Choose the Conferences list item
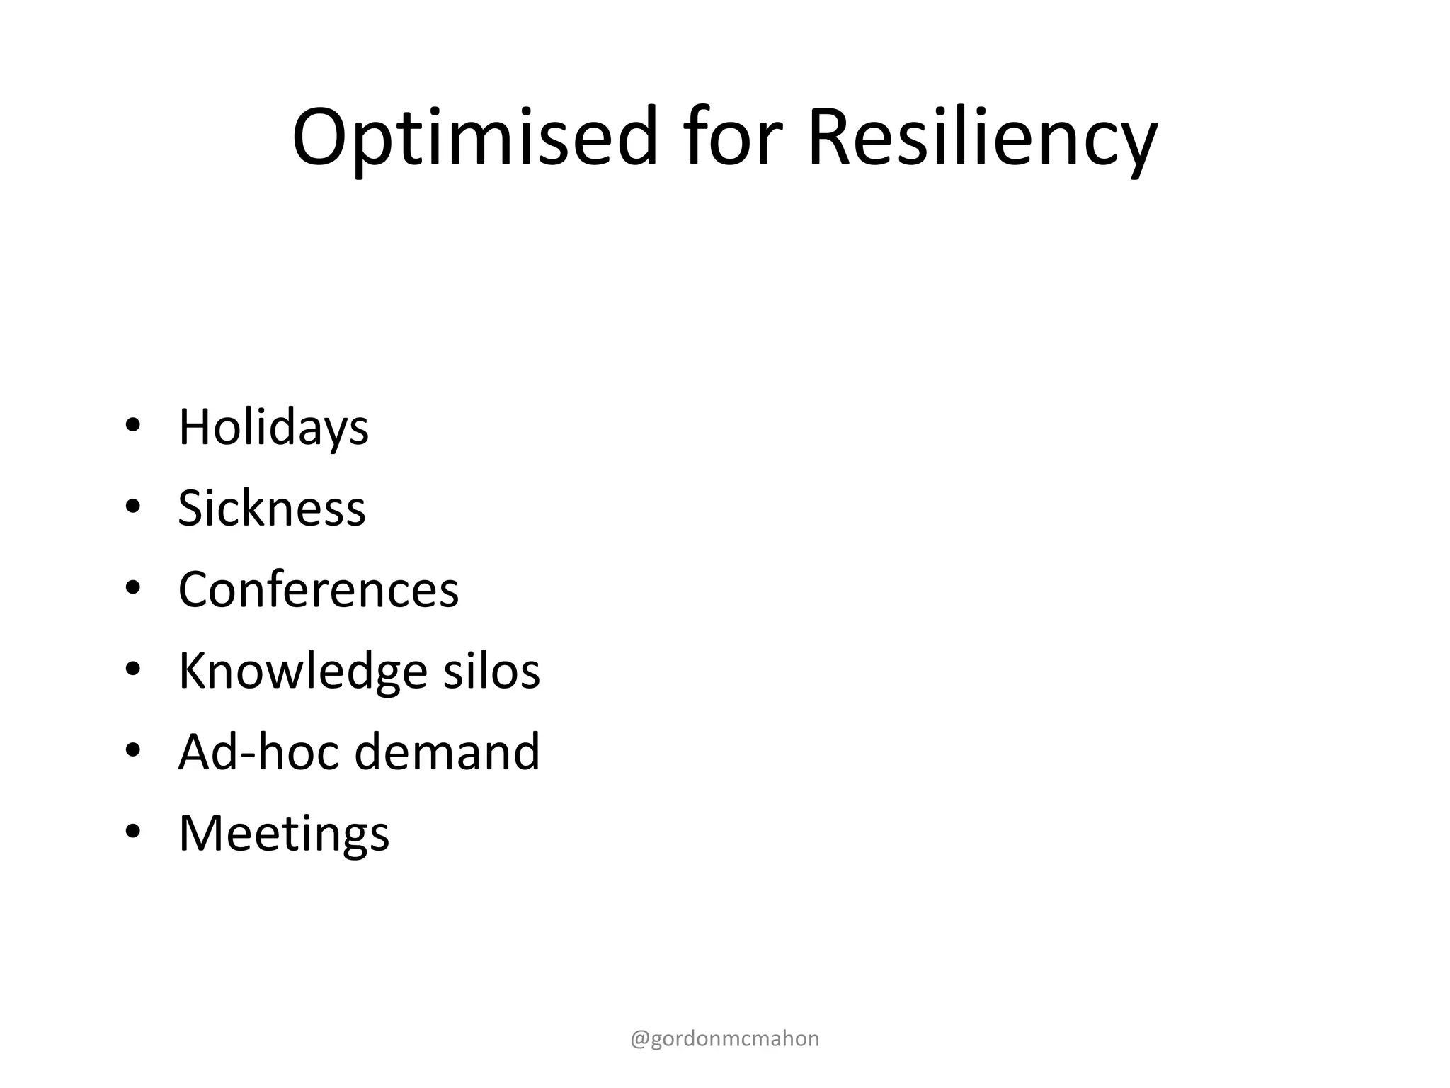click(x=319, y=589)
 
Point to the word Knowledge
click(x=302, y=670)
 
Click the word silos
click(x=491, y=670)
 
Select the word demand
click(x=447, y=752)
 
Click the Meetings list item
click(x=284, y=833)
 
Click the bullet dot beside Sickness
click(x=132, y=507)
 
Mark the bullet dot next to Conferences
click(x=132, y=588)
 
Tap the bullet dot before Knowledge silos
click(x=132, y=669)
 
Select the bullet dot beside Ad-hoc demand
click(x=132, y=750)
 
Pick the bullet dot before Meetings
click(x=132, y=832)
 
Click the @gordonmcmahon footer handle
click(x=725, y=1038)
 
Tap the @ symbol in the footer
click(x=639, y=1039)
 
